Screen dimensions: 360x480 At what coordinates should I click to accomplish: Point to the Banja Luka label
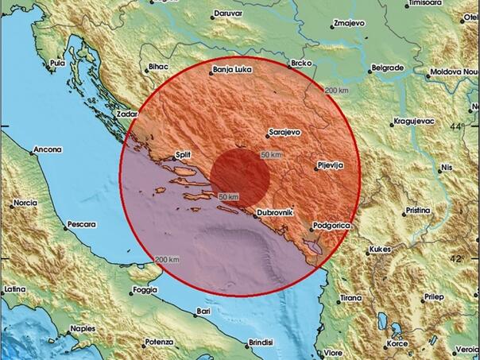click(232, 71)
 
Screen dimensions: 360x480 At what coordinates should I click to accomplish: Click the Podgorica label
click(331, 226)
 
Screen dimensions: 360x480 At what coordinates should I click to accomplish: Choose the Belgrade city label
click(388, 68)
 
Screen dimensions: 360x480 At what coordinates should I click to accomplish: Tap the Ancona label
click(47, 149)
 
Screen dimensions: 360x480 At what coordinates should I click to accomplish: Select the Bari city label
click(205, 312)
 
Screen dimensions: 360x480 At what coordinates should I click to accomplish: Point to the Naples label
click(82, 327)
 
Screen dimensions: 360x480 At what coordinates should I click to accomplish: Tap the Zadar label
click(127, 114)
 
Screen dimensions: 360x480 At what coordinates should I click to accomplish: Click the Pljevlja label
click(329, 165)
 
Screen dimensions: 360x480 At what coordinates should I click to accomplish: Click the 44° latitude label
click(457, 127)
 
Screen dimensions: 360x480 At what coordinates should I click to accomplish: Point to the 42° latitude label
click(457, 259)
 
